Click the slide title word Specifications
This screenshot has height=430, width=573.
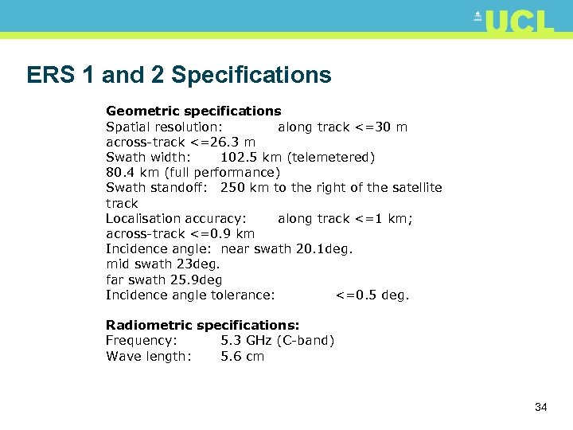click(x=251, y=75)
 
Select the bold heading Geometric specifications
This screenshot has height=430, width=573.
click(x=193, y=111)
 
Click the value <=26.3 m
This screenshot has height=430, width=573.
click(x=222, y=142)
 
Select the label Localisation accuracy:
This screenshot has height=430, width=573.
click(x=176, y=218)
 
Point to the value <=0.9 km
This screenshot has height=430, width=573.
click(x=222, y=233)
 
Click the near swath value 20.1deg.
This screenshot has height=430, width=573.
click(x=323, y=248)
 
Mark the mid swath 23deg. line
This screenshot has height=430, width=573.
click(x=162, y=264)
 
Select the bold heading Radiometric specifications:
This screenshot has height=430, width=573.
click(x=203, y=325)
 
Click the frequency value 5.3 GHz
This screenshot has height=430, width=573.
click(x=246, y=340)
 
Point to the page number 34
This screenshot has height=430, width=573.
click(x=541, y=407)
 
